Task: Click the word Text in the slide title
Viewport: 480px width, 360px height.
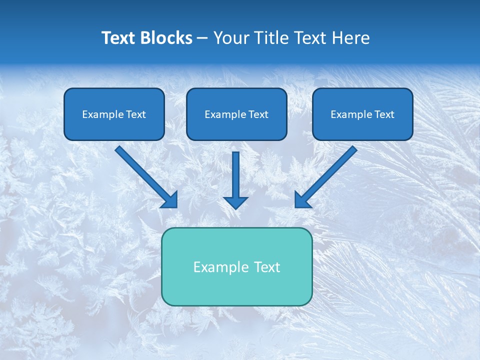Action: click(119, 38)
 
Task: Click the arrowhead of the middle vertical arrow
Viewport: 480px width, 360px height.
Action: click(235, 202)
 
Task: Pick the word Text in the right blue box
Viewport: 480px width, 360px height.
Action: click(384, 114)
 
